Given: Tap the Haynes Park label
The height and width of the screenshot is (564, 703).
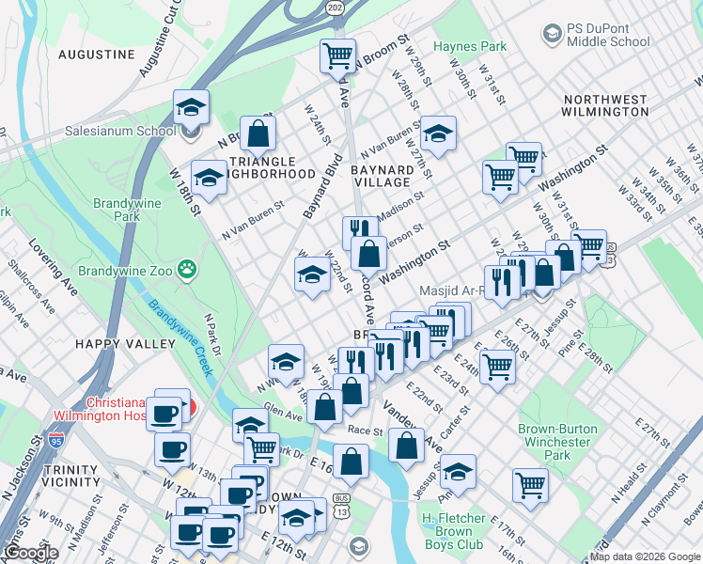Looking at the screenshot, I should click(x=469, y=46).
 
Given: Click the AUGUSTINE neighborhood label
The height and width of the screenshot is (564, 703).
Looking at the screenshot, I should click(x=97, y=55).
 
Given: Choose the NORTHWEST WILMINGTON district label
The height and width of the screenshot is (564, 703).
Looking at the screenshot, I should click(x=604, y=105).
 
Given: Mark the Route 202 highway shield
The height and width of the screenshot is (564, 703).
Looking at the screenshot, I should click(x=336, y=8).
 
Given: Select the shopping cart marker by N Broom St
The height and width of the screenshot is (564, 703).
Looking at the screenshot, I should click(x=337, y=54).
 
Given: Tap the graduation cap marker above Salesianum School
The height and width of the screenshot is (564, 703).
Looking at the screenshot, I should click(x=191, y=106).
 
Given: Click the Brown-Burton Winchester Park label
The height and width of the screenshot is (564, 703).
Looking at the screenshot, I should click(x=557, y=442).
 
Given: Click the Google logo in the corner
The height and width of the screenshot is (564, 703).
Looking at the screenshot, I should click(x=32, y=554).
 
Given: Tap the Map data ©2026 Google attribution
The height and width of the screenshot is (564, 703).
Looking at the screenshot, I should click(x=645, y=556).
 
